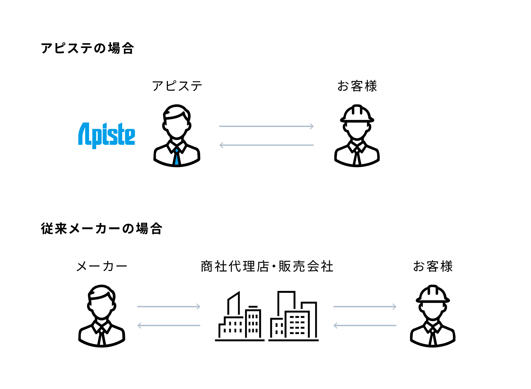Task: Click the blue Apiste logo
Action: point(107,135)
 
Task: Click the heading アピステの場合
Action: point(87,48)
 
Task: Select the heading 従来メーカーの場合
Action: point(102,229)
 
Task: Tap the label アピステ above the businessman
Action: point(177,86)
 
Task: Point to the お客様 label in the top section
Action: point(357,86)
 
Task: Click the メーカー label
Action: point(102,267)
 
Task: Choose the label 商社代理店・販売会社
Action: point(267,267)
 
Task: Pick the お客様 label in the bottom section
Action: point(433,267)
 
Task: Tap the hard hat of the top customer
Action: point(357,114)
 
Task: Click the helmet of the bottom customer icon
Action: point(433,294)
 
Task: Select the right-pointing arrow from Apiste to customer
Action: point(266,126)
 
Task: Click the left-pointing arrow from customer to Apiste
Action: point(266,145)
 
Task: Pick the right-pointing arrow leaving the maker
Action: point(169,307)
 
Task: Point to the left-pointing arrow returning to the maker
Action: point(169,326)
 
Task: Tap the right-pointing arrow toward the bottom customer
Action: point(365,307)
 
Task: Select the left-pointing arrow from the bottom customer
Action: point(365,326)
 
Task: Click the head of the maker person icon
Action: point(102,302)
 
